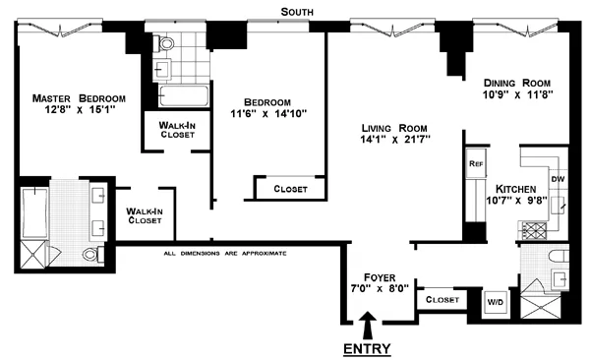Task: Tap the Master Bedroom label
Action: (79, 98)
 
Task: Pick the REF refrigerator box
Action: (476, 163)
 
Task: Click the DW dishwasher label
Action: (557, 179)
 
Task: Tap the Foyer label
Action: (379, 277)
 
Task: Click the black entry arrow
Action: (368, 324)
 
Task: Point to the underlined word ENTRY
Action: (367, 348)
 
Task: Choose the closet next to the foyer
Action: (440, 299)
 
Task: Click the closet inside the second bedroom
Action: (289, 188)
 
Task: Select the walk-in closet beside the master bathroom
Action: (144, 215)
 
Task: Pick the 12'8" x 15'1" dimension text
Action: (80, 110)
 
